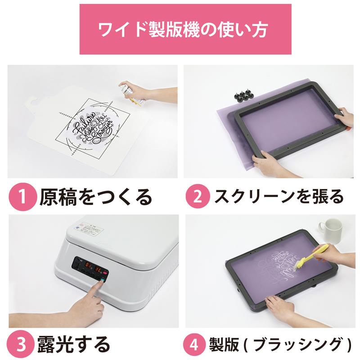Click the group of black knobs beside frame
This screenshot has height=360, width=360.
point(243,95)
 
